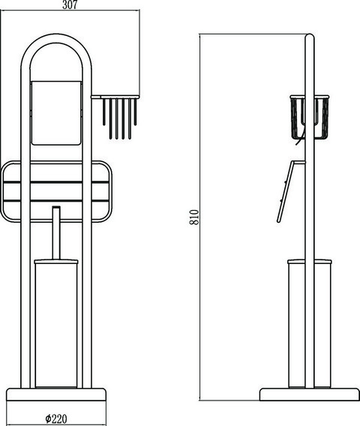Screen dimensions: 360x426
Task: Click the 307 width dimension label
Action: [70, 4]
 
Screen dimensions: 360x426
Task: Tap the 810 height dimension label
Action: [194, 217]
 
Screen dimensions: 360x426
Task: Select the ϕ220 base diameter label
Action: [56, 418]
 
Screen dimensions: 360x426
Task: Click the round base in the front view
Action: [56, 394]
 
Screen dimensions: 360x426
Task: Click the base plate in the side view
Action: [310, 394]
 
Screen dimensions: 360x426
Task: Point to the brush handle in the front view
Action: [56, 232]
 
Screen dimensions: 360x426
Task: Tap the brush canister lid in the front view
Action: [56, 262]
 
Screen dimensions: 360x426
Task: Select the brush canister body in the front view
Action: [56, 325]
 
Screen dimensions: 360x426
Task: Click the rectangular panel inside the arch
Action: [56, 112]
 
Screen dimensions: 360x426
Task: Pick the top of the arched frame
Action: [56, 38]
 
